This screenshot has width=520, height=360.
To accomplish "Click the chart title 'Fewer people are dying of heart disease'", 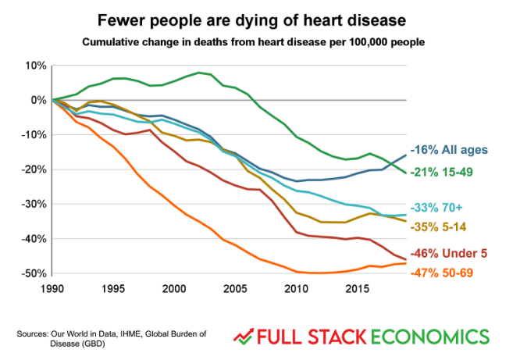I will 261,16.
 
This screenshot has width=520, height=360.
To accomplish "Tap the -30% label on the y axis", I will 34,204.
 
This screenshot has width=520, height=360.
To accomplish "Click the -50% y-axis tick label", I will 34,273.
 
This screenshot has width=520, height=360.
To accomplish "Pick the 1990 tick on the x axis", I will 52,289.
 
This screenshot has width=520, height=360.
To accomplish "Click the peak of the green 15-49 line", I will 200,73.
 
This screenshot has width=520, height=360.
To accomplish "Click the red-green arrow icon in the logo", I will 246,337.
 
